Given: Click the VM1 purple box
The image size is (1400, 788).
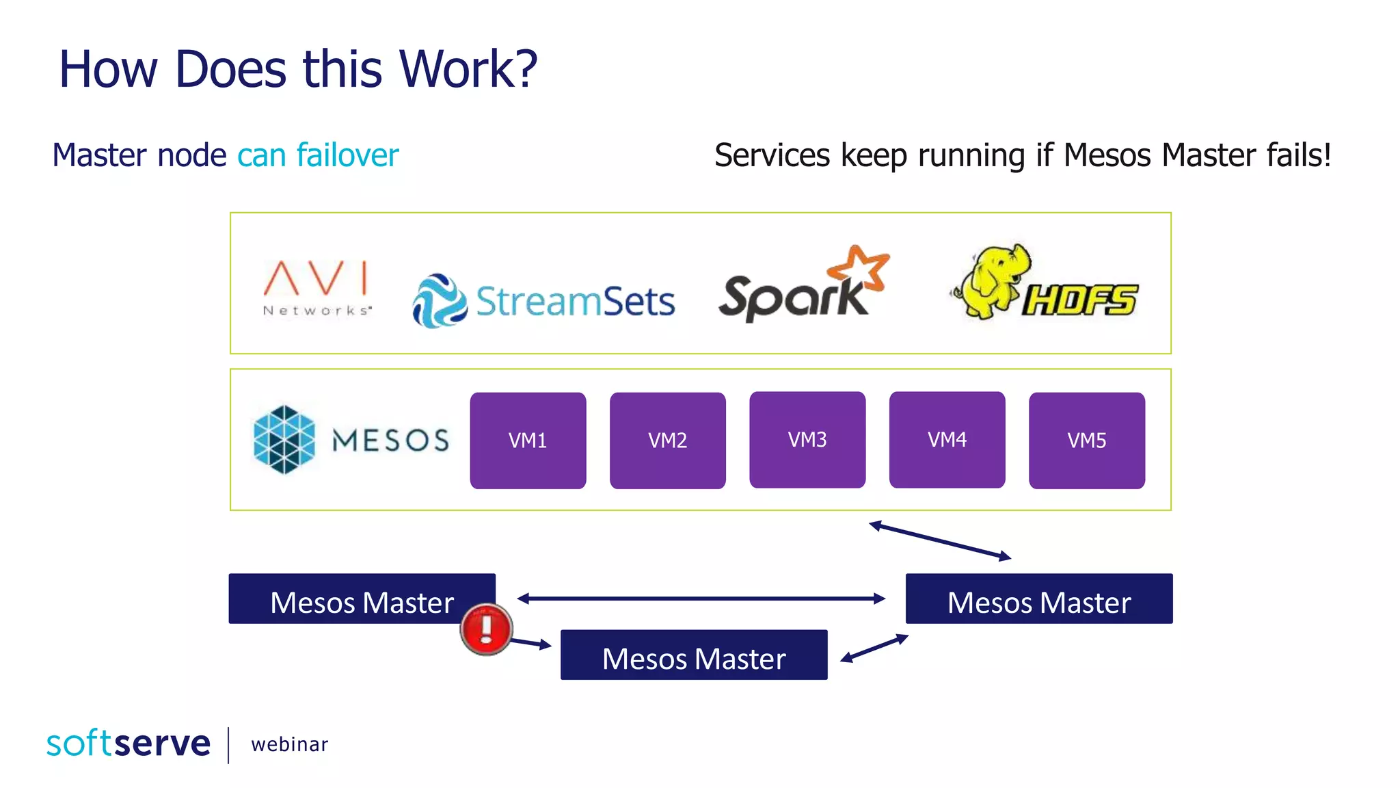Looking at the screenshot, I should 528,440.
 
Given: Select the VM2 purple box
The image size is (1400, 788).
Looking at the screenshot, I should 667,440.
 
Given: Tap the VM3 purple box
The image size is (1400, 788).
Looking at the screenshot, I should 807,439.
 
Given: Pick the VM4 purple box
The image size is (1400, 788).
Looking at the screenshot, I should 947,439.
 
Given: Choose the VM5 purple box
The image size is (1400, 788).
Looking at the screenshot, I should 1086,440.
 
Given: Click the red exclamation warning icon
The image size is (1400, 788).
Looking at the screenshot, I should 486,629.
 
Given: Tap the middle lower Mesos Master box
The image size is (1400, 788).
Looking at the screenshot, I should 693,655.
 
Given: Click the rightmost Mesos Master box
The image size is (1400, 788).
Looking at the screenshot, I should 1038,599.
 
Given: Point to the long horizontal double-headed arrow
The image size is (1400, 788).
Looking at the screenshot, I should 701,599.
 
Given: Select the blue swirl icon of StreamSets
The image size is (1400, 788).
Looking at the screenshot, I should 440,300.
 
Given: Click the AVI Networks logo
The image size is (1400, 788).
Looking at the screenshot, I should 317,287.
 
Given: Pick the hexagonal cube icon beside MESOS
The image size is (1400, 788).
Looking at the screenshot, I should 284,439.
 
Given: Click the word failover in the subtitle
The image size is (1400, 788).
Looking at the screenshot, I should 347,155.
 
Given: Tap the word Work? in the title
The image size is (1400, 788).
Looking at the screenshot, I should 468,69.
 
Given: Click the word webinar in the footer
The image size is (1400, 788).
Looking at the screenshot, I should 289,744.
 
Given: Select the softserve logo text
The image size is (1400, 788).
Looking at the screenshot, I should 129,744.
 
